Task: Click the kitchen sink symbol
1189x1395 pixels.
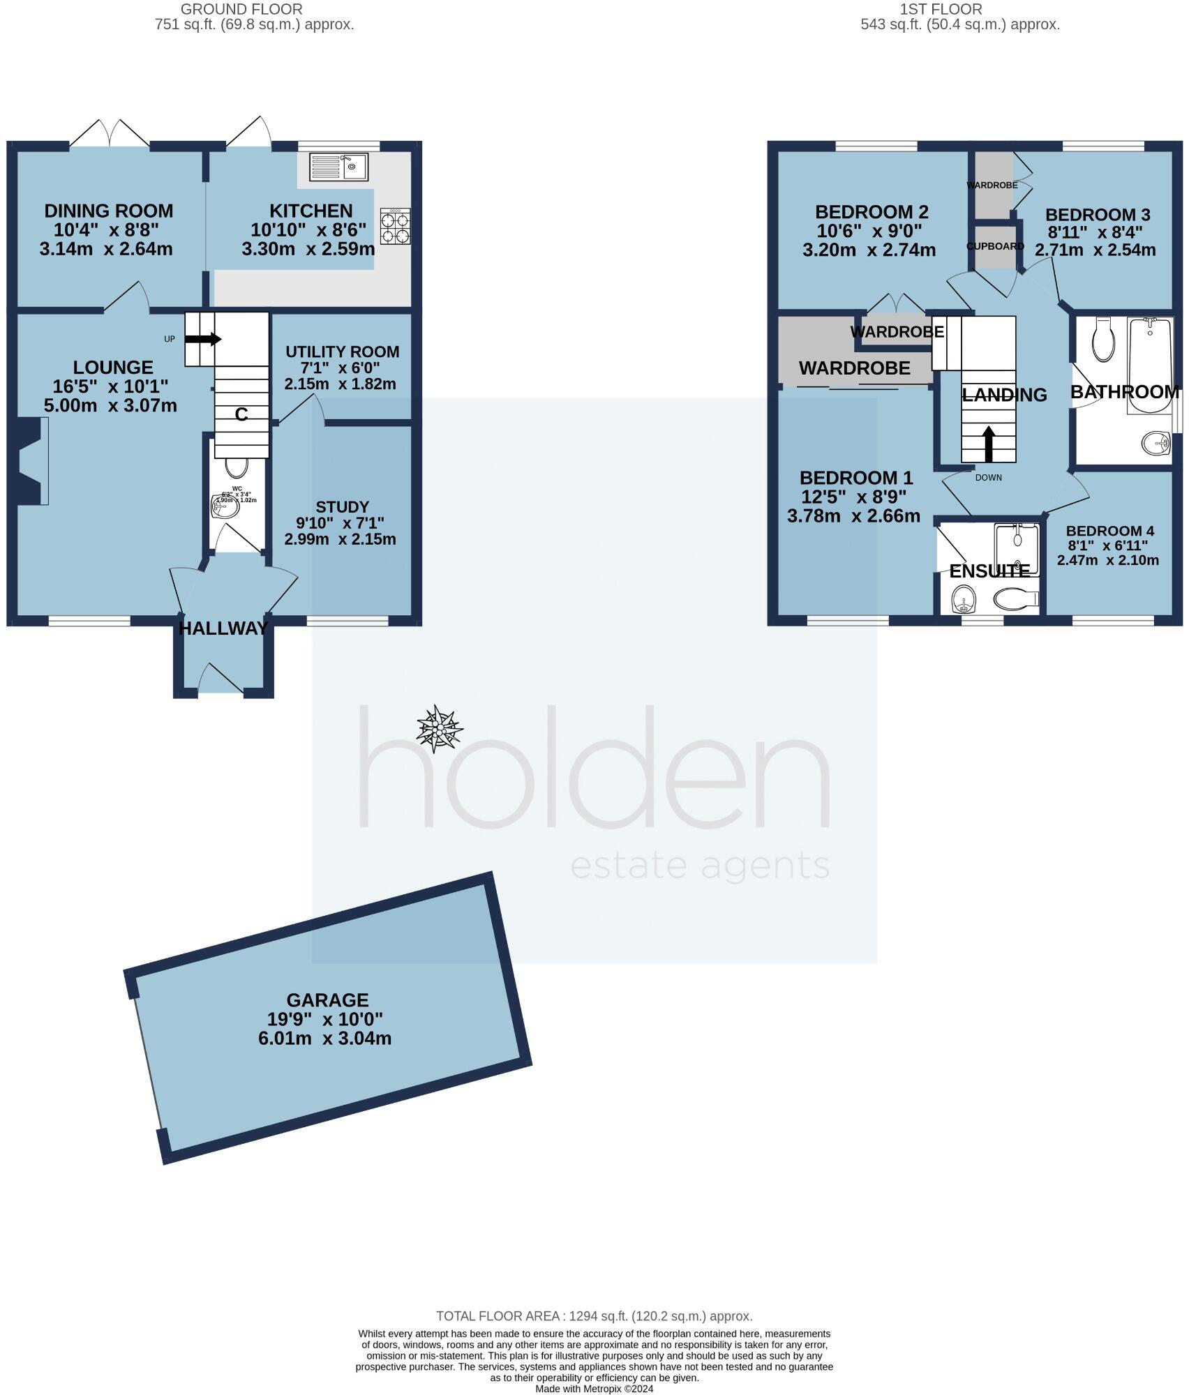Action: click(338, 167)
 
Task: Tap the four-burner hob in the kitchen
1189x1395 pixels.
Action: click(396, 227)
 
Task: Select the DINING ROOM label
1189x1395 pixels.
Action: click(108, 211)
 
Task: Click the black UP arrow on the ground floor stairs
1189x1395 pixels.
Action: click(203, 339)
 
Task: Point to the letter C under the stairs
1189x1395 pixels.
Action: click(241, 415)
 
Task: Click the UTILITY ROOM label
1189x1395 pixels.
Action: click(342, 352)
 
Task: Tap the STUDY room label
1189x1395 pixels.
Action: click(342, 507)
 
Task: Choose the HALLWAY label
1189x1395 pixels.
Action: click(223, 628)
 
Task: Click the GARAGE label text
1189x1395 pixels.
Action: click(327, 1000)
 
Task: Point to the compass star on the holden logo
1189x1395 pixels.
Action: click(439, 729)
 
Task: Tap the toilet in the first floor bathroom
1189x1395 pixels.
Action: click(1102, 340)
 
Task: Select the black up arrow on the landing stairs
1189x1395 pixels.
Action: click(988, 444)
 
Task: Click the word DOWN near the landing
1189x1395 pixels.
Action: click(988, 478)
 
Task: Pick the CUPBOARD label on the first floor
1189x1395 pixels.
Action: click(995, 246)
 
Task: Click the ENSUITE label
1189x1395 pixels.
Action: click(989, 571)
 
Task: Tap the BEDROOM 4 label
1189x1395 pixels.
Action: click(1107, 530)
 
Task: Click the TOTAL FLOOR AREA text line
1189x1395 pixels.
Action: click(594, 1316)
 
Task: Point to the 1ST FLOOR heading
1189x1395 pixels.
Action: click(960, 9)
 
